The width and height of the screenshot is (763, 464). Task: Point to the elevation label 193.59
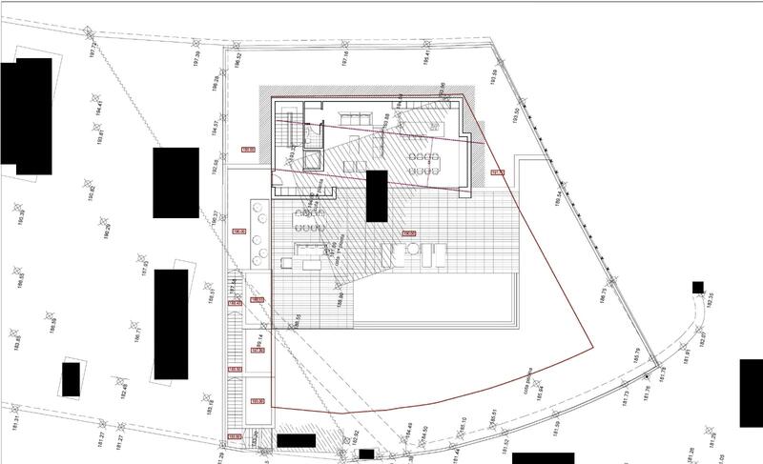(494, 76)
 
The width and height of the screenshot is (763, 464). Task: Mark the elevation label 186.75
(603, 296)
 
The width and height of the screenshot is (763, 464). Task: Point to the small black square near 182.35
(698, 287)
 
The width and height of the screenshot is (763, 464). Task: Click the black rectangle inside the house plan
(377, 196)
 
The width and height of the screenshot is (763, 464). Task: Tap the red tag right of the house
(497, 172)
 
